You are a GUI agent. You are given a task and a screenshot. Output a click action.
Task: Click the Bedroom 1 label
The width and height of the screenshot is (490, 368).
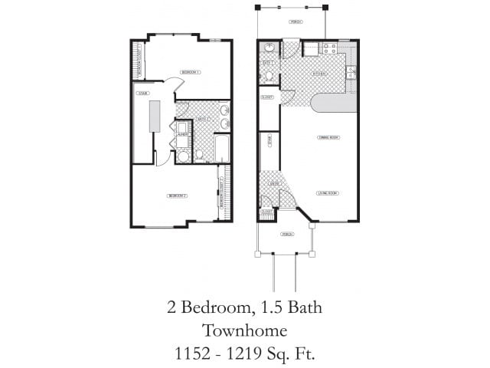pos(190,72)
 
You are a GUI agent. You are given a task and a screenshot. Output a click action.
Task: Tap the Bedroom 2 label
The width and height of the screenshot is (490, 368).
pos(177,196)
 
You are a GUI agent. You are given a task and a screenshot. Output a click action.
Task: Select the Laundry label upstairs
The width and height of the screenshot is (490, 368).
pos(183,136)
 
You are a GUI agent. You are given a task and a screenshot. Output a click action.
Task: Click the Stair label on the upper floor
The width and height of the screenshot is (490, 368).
pos(142,94)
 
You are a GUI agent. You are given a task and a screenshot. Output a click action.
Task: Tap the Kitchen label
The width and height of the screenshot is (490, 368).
pos(320,74)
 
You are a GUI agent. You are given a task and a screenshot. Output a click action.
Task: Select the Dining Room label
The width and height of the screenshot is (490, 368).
pos(328,137)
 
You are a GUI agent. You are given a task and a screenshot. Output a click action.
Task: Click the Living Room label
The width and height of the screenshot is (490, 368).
pos(328,193)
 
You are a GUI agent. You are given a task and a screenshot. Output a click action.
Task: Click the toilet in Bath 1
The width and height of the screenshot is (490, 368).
pos(269,76)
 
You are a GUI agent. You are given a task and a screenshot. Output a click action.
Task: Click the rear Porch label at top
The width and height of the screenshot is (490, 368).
pos(295,22)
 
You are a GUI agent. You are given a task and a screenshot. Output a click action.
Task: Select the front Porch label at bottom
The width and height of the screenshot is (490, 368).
pos(287,234)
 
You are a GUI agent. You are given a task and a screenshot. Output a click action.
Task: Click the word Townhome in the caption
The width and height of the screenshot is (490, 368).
pos(245,330)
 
